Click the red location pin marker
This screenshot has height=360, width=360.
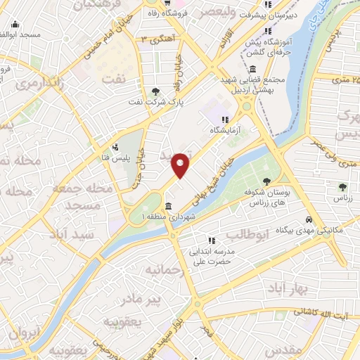click(x=181, y=165)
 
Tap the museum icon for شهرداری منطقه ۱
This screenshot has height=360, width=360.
click(x=168, y=207)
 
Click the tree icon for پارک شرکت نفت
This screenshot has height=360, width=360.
click(x=155, y=91)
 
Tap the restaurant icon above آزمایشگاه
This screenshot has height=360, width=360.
click(x=225, y=120)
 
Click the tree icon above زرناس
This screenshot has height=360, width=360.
click(x=342, y=187)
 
